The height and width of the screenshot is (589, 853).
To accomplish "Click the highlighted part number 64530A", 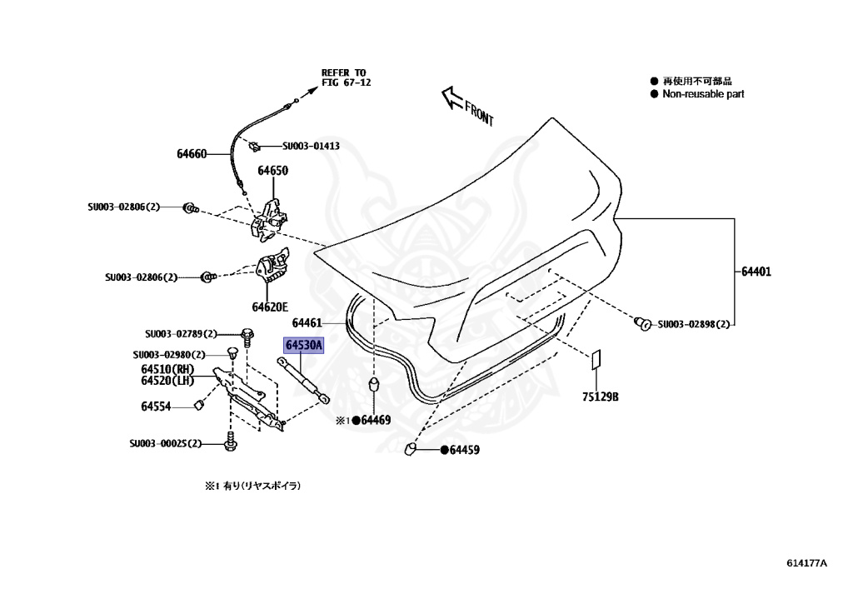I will tap(303, 346).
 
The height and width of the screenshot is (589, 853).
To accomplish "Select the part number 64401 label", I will tap(757, 271).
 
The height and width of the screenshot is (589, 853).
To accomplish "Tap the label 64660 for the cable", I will tap(192, 154).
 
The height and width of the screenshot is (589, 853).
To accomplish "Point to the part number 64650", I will tap(272, 171).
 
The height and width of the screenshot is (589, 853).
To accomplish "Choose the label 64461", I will tap(307, 322).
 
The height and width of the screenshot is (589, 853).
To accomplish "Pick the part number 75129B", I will tap(601, 397).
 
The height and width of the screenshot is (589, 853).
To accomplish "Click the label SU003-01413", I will tap(311, 146).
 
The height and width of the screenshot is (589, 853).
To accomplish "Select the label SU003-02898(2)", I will tap(693, 324).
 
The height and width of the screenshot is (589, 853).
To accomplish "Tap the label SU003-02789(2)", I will tap(181, 333).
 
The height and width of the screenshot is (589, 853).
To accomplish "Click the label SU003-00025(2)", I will tap(166, 444).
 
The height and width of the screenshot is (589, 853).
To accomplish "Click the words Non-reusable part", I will tap(703, 94).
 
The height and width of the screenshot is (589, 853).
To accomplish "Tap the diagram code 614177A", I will tap(806, 563).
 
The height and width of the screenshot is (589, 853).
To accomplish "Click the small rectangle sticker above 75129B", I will tap(595, 360).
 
